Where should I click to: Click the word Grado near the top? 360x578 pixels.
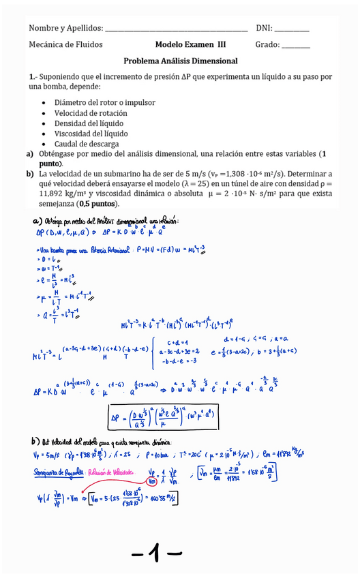click(x=267, y=44)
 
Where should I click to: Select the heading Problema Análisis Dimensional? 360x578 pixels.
click(x=181, y=61)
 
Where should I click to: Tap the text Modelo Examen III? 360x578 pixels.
click(x=190, y=44)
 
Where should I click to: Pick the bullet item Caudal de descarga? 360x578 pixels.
click(x=87, y=144)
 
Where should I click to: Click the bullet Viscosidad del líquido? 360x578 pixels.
click(x=91, y=134)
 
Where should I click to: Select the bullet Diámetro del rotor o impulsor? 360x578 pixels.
click(x=104, y=103)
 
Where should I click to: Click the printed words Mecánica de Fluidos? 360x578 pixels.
click(x=66, y=44)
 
